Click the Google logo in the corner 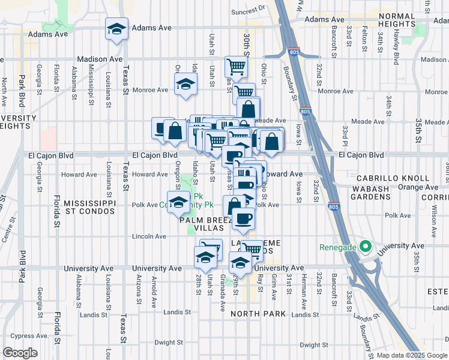pyautogui.click(x=20, y=353)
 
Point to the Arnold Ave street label pyautogui.click(x=154, y=287)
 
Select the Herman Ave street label pyautogui.click(x=304, y=286)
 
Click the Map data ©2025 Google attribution pyautogui.click(x=412, y=355)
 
